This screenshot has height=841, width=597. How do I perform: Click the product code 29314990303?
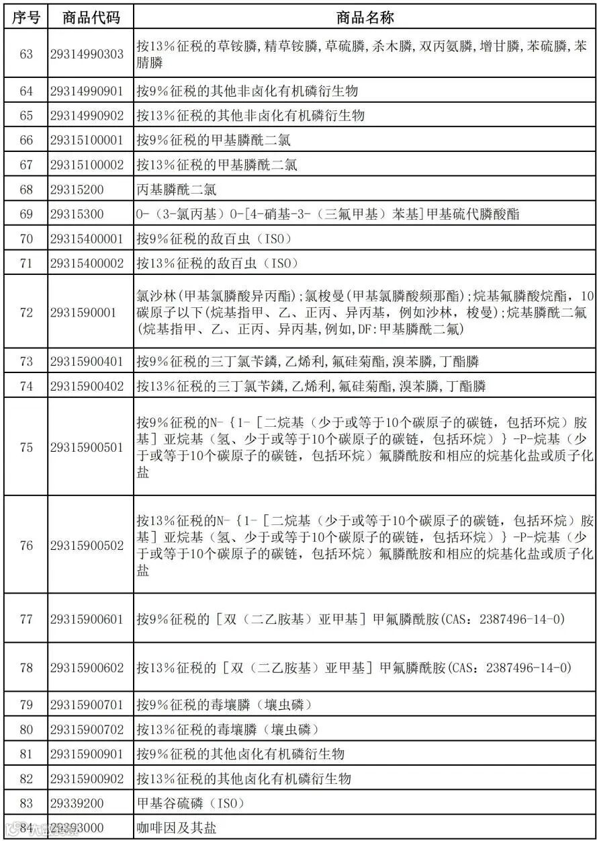[x=87, y=54]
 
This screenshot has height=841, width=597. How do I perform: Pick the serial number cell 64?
[x=26, y=91]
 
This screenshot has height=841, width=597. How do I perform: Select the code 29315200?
[x=77, y=190]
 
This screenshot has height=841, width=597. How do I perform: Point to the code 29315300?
[x=77, y=214]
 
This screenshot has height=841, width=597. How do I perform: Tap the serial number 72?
[x=26, y=312]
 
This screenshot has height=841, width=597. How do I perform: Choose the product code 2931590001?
[x=83, y=312]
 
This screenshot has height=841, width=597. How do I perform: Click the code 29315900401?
[x=87, y=362]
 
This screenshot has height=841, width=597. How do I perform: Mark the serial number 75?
[x=26, y=447]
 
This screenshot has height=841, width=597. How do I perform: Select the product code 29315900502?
[x=87, y=545]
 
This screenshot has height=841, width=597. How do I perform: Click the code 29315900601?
[x=87, y=619]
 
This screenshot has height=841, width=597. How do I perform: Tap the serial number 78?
[x=26, y=668]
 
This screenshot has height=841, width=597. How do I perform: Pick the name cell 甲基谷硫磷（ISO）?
[x=190, y=803]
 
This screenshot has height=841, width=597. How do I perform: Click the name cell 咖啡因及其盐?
[x=177, y=828]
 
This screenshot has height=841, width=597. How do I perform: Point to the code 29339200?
[x=77, y=803]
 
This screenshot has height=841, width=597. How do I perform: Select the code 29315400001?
[x=87, y=239]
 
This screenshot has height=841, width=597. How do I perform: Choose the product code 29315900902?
[x=87, y=778]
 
